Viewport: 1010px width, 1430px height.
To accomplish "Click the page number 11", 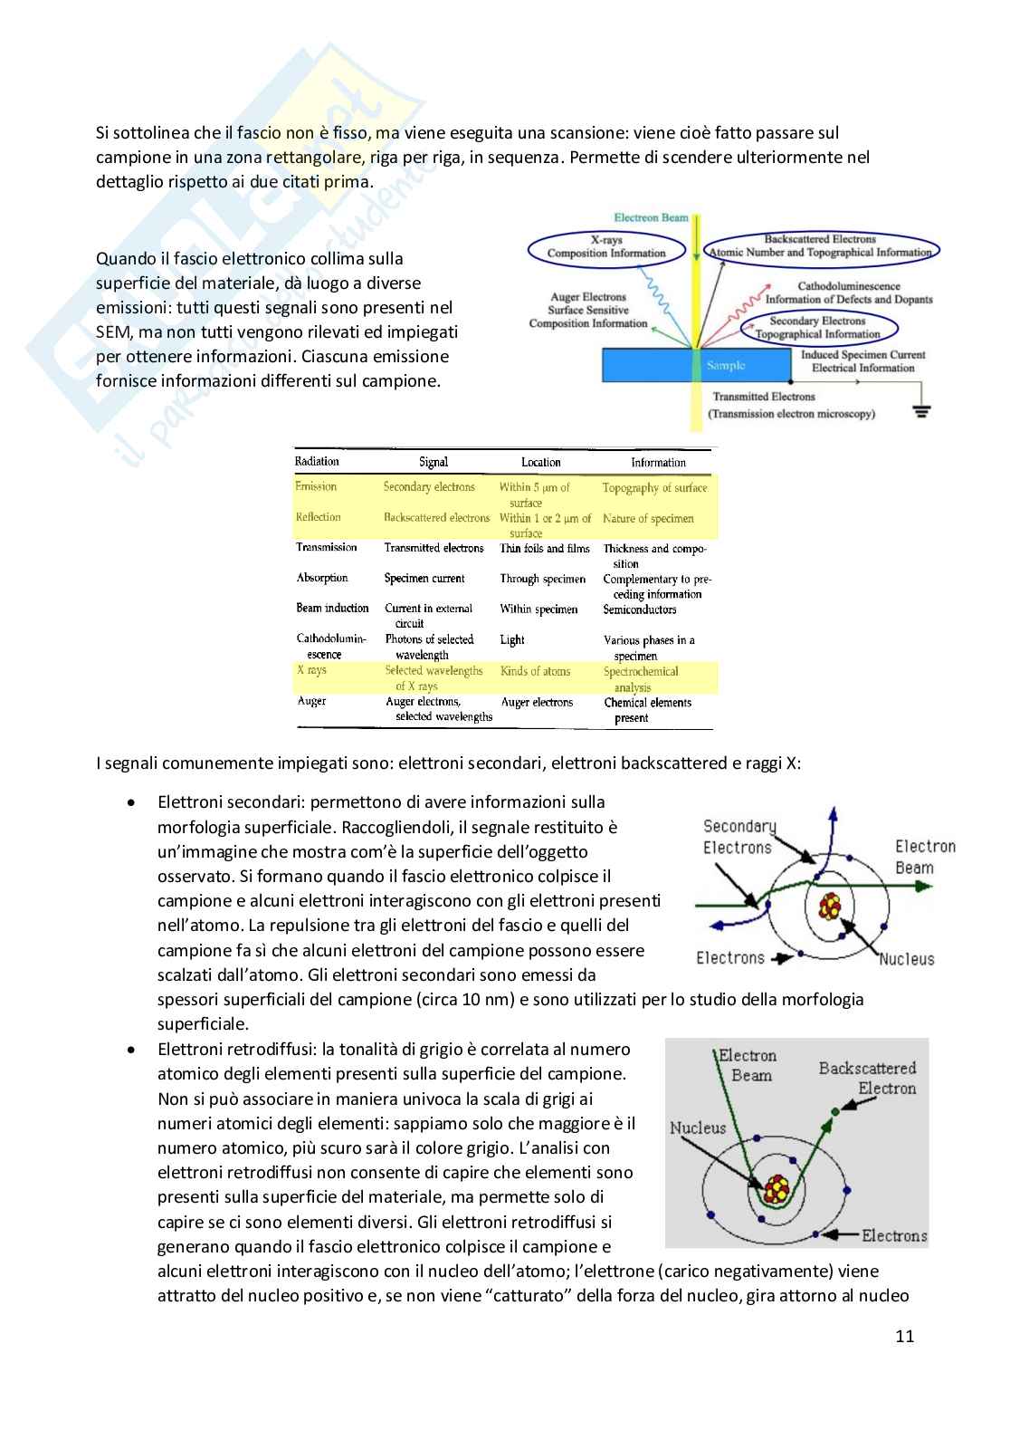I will (904, 1336).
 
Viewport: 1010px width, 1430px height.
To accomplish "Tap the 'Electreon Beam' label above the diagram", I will (651, 217).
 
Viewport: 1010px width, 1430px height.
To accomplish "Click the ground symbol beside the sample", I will (921, 411).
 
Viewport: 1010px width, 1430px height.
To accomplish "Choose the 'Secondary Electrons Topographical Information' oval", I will (818, 327).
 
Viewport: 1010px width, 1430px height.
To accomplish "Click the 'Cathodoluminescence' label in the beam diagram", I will (849, 286).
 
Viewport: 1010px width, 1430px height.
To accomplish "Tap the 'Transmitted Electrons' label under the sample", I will (764, 397).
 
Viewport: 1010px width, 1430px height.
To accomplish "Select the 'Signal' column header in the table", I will (434, 462).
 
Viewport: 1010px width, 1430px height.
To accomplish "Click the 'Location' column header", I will (541, 462).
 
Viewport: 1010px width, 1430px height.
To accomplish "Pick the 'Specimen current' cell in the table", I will (424, 578).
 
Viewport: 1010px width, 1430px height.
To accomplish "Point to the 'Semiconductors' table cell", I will (640, 609).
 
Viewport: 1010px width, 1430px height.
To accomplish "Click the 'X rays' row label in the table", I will (311, 670).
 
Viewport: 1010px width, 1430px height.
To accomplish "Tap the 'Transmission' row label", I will (327, 547).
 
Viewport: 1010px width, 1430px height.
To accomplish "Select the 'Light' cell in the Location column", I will (512, 639).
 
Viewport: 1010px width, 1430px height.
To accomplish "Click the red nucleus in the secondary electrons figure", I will (829, 905).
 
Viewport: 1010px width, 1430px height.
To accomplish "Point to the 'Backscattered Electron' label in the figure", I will (867, 1078).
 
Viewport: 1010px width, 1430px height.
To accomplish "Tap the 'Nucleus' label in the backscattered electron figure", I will (698, 1128).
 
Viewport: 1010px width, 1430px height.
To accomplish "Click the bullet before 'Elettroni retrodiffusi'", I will (133, 1050).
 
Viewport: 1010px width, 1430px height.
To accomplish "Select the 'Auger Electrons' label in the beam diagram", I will (588, 297).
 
